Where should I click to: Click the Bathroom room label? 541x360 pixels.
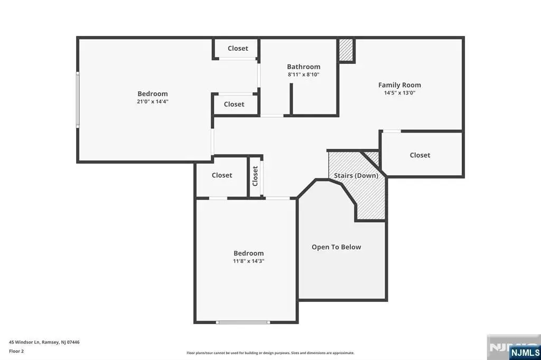click(x=304, y=67)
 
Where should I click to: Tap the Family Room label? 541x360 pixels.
click(x=399, y=85)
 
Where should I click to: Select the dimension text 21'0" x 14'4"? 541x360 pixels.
click(x=153, y=101)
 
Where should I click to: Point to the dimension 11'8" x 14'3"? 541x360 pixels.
click(x=248, y=261)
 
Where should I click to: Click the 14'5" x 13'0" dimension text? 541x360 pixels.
click(x=399, y=93)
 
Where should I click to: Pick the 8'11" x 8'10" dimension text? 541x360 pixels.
click(x=304, y=74)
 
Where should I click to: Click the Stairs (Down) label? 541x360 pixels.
click(x=356, y=176)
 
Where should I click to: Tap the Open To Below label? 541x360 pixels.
click(x=337, y=247)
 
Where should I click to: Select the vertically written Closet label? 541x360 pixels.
click(x=255, y=176)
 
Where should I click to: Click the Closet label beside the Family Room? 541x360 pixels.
click(x=420, y=155)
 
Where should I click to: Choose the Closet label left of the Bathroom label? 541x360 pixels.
click(x=238, y=48)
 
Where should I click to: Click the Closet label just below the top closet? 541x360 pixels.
click(x=234, y=104)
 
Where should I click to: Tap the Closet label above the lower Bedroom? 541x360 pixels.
click(x=222, y=175)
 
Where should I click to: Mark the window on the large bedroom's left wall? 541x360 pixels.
click(x=78, y=100)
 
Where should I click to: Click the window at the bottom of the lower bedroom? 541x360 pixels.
click(x=243, y=323)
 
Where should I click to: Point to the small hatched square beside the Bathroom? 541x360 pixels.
click(x=346, y=50)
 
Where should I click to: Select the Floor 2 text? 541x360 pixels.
click(x=16, y=352)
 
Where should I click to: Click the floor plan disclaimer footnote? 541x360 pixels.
click(x=270, y=353)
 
